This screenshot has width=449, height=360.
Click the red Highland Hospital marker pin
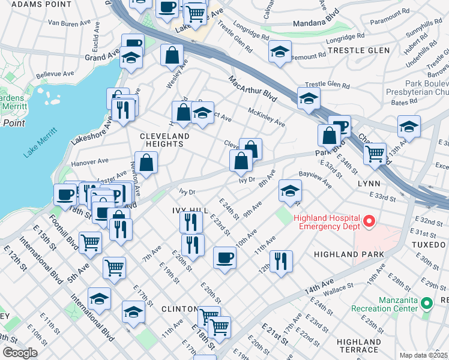(369, 221)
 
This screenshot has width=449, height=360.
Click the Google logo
(20, 352)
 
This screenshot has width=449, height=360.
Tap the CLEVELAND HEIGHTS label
(164, 140)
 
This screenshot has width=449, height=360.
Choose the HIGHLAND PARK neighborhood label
(348, 254)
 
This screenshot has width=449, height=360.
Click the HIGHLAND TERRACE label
(358, 346)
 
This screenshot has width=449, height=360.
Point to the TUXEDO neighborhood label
(430, 246)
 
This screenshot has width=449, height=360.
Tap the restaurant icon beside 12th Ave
(280, 261)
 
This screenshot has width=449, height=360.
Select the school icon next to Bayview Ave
(290, 190)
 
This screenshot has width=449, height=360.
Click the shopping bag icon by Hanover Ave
(146, 161)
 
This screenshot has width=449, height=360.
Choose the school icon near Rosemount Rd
(280, 52)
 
